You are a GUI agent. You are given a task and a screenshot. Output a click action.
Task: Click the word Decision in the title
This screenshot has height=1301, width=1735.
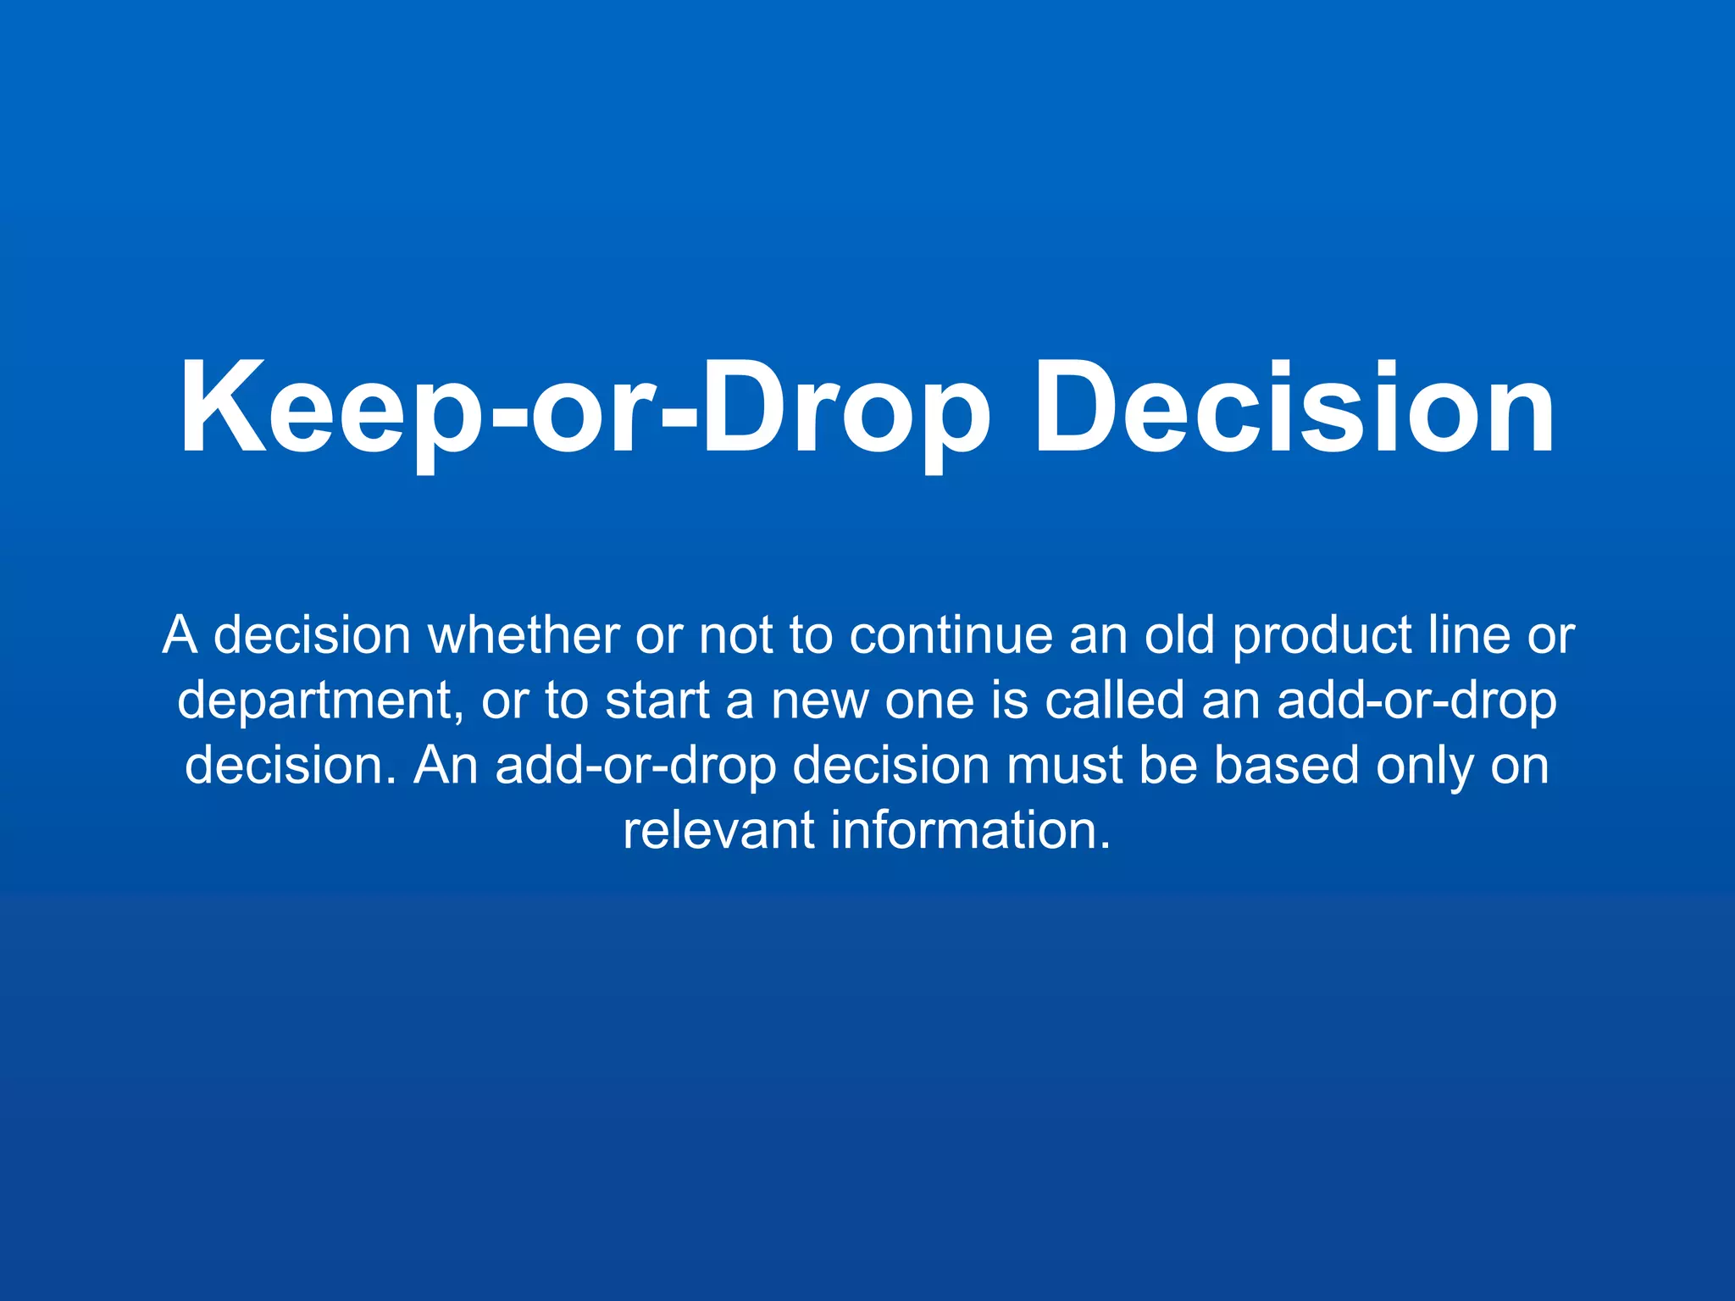[1294, 408]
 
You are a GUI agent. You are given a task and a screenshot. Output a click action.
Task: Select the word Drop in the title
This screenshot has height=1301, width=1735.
[845, 408]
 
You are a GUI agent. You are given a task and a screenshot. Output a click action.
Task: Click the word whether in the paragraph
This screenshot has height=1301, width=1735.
[524, 635]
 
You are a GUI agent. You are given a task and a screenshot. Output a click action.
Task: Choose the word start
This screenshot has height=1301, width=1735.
[657, 701]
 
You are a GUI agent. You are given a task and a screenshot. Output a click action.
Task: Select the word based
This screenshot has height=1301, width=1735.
[1286, 766]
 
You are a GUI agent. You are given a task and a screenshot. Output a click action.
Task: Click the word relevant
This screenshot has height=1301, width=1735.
[718, 830]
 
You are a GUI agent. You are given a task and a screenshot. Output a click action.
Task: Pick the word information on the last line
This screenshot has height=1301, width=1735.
[970, 830]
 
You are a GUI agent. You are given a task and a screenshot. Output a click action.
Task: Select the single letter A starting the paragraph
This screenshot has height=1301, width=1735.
[180, 635]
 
